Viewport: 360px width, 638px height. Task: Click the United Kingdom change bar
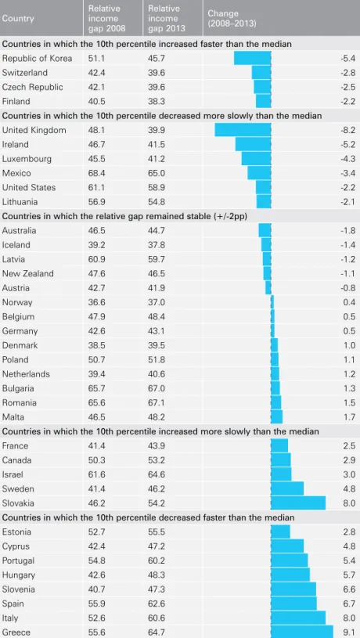[243, 130]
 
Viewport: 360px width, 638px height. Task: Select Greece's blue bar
[302, 632]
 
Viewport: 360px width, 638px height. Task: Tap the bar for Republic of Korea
[252, 58]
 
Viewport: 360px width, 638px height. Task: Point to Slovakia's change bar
[298, 503]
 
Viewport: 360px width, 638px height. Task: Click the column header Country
[18, 19]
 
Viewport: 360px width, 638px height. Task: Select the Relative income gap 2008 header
[107, 19]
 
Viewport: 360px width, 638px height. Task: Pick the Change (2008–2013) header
[232, 19]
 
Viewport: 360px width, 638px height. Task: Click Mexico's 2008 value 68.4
[97, 173]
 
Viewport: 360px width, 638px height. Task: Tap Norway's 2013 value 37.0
[157, 302]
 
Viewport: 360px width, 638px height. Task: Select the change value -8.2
[348, 130]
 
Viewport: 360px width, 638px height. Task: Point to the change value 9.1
[349, 633]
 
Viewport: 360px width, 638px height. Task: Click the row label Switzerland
[25, 73]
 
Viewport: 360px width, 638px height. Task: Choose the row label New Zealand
[27, 273]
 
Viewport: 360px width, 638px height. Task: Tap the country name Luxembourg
[27, 159]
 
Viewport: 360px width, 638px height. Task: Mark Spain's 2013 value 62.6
[157, 604]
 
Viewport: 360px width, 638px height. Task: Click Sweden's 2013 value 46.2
[157, 488]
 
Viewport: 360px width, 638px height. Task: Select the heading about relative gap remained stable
[125, 216]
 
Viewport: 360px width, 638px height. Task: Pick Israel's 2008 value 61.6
[97, 474]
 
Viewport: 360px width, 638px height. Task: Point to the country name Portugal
[18, 561]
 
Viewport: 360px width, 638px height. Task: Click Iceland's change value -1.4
[348, 245]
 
